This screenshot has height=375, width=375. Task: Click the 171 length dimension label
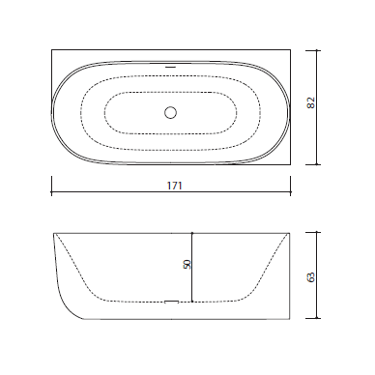(175, 186)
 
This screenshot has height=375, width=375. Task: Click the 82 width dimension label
(311, 102)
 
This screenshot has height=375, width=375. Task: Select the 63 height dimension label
(311, 277)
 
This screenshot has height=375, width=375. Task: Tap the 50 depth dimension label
(187, 265)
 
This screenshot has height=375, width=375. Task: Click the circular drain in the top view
(170, 113)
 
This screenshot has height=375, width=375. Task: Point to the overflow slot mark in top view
(170, 67)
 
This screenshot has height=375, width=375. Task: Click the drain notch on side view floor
(171, 302)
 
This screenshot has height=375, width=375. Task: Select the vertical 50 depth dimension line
(192, 267)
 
